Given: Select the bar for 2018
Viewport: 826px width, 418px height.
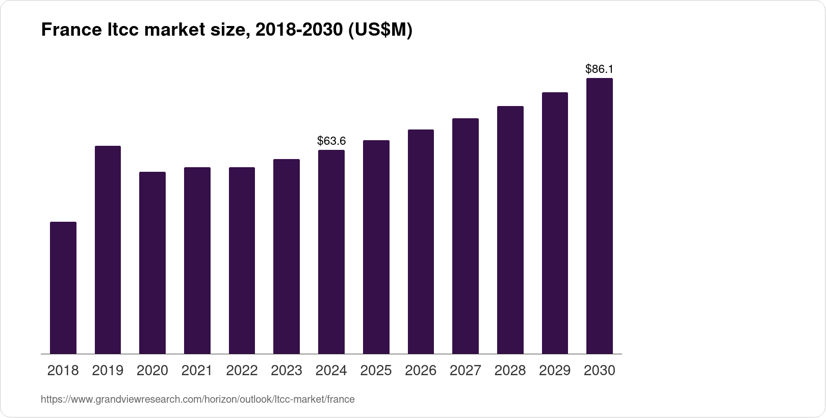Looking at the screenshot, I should [x=63, y=288].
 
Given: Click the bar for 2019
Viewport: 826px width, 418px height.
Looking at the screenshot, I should [x=108, y=250].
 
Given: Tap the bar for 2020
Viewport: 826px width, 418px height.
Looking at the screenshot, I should [x=152, y=263].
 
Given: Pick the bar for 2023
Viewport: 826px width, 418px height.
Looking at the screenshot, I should [x=287, y=256].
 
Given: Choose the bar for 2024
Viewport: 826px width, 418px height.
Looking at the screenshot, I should [x=331, y=252].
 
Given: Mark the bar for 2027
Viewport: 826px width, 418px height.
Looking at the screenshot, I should [x=466, y=236].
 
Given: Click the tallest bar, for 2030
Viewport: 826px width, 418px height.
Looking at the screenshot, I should [x=600, y=216].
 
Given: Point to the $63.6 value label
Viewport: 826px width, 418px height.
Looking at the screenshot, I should [x=331, y=141].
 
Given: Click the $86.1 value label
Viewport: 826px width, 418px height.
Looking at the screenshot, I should [x=600, y=69].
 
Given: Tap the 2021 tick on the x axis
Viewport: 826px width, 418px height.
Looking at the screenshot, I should [x=197, y=371].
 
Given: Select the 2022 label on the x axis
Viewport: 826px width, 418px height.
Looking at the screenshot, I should [x=242, y=371].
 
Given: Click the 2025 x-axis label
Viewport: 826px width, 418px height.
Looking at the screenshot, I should [x=376, y=371].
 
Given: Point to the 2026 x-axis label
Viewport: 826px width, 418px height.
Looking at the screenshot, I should [x=421, y=371].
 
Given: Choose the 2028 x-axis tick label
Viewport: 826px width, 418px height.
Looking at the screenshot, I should [x=510, y=371].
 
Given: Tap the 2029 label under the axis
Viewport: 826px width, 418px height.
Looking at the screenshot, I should [x=555, y=371].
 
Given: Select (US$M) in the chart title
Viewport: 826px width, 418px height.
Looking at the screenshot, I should [x=380, y=31].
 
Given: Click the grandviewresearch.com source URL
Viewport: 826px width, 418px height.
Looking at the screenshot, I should [x=197, y=399].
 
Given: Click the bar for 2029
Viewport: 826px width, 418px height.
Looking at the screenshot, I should [x=555, y=223].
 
